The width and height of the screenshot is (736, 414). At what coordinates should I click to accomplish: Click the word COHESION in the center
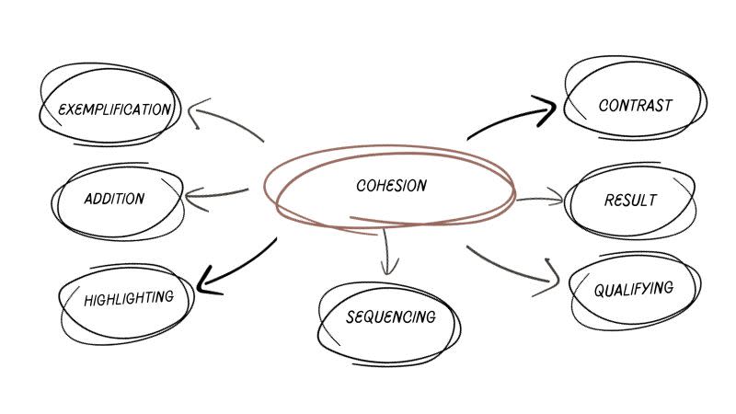tap(391, 186)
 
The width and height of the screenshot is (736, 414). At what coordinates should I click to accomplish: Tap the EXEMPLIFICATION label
tap(114, 110)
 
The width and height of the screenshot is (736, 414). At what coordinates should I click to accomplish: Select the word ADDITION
tap(114, 199)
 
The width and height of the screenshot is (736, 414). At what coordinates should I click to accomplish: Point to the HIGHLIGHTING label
tap(128, 299)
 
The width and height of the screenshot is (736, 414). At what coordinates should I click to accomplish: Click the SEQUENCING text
tap(390, 317)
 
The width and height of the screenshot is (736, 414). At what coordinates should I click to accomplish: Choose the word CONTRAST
tap(635, 105)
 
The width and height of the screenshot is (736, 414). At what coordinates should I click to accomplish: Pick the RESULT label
tap(630, 200)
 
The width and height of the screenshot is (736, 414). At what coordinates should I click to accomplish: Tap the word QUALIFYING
tap(633, 290)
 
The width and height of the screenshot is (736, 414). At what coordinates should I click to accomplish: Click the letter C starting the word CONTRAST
tap(603, 106)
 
